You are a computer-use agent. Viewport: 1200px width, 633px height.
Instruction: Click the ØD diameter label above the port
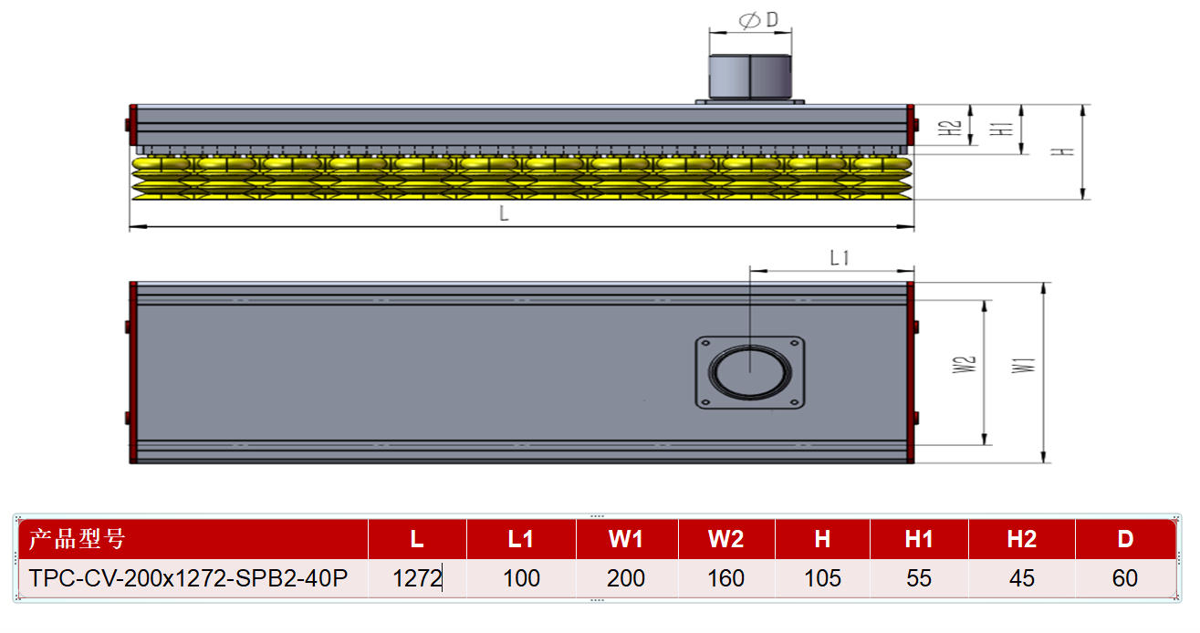click(758, 20)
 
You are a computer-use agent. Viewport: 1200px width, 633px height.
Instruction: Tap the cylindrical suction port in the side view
click(750, 77)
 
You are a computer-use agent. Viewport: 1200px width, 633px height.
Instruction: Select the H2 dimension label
click(950, 128)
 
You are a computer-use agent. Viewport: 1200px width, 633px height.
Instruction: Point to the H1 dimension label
click(1001, 129)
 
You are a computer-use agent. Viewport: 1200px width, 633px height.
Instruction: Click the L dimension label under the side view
click(504, 213)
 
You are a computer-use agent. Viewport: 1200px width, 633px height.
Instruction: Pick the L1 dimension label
click(840, 258)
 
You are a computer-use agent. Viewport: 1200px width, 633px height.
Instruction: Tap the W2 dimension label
click(965, 365)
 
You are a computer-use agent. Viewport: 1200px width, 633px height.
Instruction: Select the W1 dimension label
click(1023, 365)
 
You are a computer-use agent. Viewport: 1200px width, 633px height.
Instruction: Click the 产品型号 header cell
click(78, 539)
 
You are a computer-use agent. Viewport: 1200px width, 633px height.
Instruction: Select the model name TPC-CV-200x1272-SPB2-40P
click(188, 578)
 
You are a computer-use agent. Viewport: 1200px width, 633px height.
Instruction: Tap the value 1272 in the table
click(417, 578)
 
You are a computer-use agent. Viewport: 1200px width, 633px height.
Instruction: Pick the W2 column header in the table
click(725, 539)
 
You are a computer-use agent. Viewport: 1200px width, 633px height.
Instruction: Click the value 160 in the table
click(725, 578)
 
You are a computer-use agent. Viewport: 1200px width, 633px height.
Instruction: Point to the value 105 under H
click(822, 578)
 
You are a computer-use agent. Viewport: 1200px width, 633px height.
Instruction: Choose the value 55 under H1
click(919, 578)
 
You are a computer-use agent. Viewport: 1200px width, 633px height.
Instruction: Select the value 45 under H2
click(1022, 578)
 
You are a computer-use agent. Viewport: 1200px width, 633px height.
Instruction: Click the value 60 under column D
click(1125, 578)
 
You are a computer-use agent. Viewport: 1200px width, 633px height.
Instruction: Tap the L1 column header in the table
click(521, 539)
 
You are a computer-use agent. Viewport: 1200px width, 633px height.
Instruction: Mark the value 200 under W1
click(626, 578)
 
